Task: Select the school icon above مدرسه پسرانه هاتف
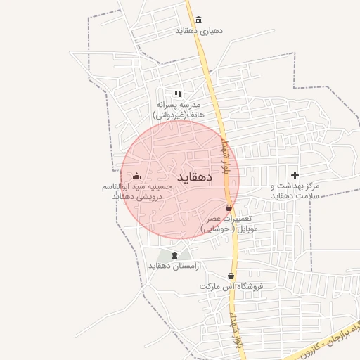178,93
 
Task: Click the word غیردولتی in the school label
170,114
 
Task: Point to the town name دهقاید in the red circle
195,176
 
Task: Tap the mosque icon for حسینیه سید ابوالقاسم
136,176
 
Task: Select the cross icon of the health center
295,174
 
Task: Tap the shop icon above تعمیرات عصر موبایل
229,208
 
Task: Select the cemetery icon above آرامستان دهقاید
175,254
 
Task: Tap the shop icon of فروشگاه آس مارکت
231,276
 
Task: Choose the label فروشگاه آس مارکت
225,287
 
